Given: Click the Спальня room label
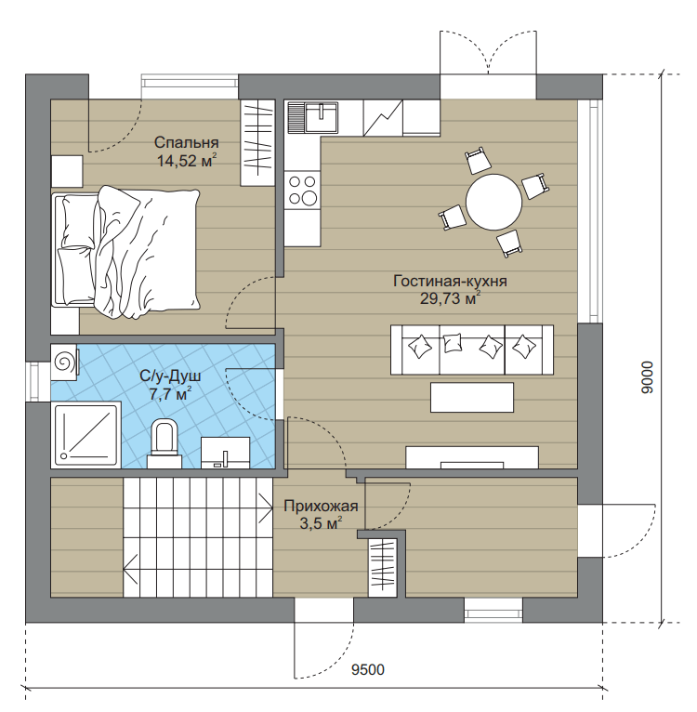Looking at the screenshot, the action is pyautogui.click(x=186, y=142).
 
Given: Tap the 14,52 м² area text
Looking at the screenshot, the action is pyautogui.click(x=186, y=161).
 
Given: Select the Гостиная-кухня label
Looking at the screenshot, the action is pyautogui.click(x=450, y=281).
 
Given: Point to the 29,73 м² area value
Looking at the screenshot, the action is pyautogui.click(x=450, y=298).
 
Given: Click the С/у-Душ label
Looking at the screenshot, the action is pyautogui.click(x=170, y=376).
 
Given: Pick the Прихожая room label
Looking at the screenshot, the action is pyautogui.click(x=321, y=506).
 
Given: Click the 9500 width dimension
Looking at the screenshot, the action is pyautogui.click(x=368, y=670).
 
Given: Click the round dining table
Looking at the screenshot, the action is pyautogui.click(x=494, y=202).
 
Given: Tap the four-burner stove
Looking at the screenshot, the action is pyautogui.click(x=302, y=191).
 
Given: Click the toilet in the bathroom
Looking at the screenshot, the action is pyautogui.click(x=164, y=444).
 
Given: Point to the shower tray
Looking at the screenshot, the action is pyautogui.click(x=85, y=435).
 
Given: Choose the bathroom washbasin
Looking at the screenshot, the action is pyautogui.click(x=225, y=453).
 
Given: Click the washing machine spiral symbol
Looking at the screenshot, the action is pyautogui.click(x=63, y=362).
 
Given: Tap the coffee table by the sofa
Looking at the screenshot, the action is pyautogui.click(x=472, y=397).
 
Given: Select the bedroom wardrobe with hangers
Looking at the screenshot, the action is pyautogui.click(x=257, y=142).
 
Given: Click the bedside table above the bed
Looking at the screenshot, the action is pyautogui.click(x=67, y=171).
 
